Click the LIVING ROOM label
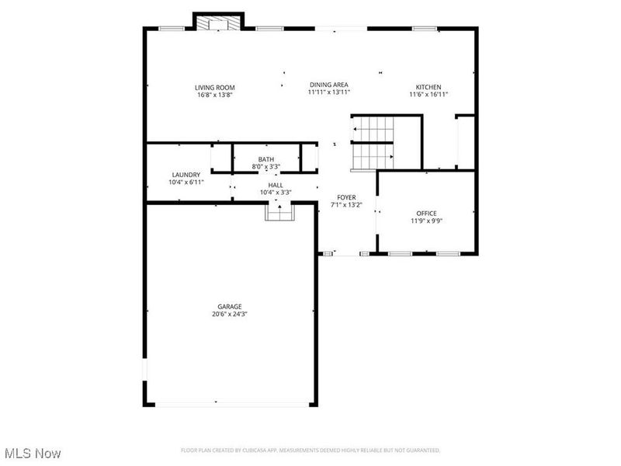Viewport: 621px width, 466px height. click(214, 87)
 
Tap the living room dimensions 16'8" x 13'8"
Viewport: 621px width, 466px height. click(214, 95)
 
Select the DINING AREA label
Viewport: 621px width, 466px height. click(328, 84)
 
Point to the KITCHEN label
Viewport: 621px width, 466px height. click(428, 87)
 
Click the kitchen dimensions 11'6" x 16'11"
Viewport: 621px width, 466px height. click(428, 95)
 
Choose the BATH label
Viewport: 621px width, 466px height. click(266, 159)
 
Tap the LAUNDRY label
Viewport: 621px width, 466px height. click(186, 175)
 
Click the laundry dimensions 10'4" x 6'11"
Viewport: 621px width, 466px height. click(186, 183)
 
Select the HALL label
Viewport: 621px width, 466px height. click(276, 185)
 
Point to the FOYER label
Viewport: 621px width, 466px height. click(346, 197)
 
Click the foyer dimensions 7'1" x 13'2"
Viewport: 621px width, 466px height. click(346, 205)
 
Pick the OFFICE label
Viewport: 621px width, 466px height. click(426, 213)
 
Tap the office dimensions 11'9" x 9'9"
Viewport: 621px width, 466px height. click(426, 221)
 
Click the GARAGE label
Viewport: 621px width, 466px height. click(230, 306)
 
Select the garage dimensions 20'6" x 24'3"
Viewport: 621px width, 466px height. click(230, 315)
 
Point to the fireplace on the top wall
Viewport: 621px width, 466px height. click(218, 23)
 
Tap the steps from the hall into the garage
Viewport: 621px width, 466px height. click(278, 210)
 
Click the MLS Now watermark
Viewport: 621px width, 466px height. click(33, 452)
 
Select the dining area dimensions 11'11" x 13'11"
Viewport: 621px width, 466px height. click(328, 92)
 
